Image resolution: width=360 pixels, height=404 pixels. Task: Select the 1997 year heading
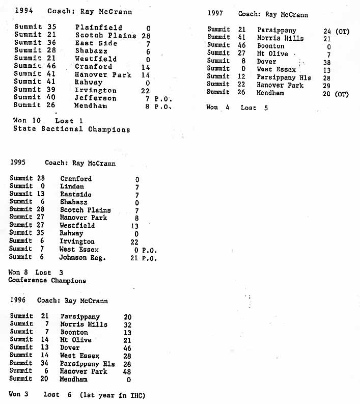pyautogui.click(x=215, y=14)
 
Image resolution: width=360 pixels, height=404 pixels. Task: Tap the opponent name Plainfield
pyautogui.click(x=98, y=28)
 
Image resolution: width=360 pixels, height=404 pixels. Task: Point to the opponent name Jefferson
pyautogui.click(x=96, y=98)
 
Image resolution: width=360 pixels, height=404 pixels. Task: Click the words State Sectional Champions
pyautogui.click(x=72, y=129)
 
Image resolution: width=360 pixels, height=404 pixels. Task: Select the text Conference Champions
pyautogui.click(x=47, y=280)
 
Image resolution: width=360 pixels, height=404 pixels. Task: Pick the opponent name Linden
pyautogui.click(x=72, y=186)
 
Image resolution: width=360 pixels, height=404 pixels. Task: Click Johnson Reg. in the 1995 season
pyautogui.click(x=82, y=257)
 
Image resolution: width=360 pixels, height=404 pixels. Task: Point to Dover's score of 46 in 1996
pyautogui.click(x=128, y=348)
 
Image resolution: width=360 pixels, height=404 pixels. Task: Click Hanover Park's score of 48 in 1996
pyautogui.click(x=128, y=371)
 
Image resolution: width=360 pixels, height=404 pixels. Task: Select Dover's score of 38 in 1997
pyautogui.click(x=326, y=62)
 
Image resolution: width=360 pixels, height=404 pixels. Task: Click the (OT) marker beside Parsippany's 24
pyautogui.click(x=342, y=31)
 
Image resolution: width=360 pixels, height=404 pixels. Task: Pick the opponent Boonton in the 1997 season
pyautogui.click(x=270, y=46)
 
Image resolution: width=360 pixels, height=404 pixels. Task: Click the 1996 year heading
pyautogui.click(x=18, y=301)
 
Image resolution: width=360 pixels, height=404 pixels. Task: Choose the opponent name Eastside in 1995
pyautogui.click(x=76, y=194)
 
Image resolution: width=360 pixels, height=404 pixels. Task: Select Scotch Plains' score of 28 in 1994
pyautogui.click(x=146, y=35)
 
